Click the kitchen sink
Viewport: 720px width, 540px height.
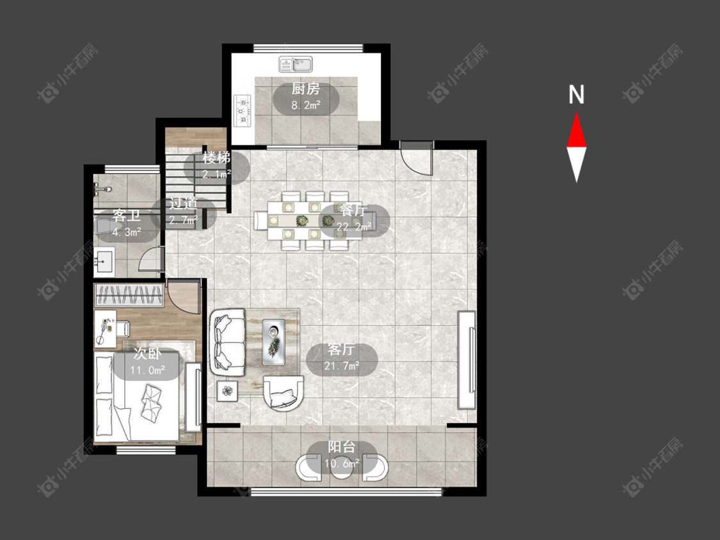coord(296,64)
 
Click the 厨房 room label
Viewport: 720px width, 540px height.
coord(305,88)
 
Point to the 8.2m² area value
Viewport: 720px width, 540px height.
coord(306,105)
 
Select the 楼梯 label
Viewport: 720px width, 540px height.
coord(216,158)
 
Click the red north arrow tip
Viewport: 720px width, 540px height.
coord(576,113)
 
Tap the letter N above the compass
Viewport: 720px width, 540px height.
coord(576,95)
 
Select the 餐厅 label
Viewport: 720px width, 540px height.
coord(353,210)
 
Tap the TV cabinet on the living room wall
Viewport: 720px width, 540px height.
coord(467,360)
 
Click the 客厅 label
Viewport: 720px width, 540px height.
coord(341,349)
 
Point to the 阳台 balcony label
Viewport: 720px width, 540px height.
coord(342,447)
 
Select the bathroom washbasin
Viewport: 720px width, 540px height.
coord(104,262)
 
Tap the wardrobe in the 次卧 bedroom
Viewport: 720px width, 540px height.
coord(129,295)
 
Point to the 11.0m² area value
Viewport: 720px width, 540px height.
coord(147,370)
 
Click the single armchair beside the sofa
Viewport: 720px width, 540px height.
coord(284,393)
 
